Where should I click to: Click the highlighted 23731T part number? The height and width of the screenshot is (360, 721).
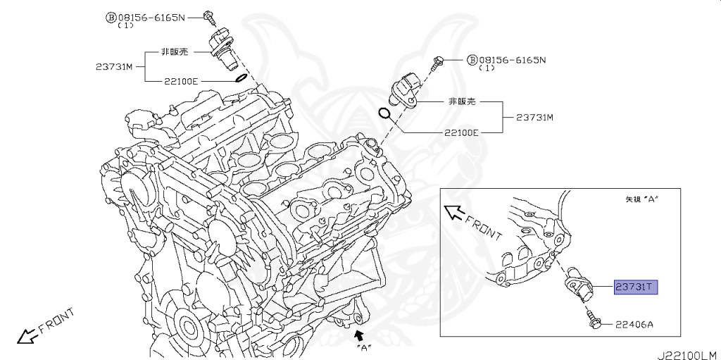636,287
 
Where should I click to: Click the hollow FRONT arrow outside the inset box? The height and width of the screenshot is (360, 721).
28,336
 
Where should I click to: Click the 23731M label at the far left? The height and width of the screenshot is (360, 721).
114,67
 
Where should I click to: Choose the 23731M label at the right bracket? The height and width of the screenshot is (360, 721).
534,116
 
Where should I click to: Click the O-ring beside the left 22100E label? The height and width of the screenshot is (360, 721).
239,78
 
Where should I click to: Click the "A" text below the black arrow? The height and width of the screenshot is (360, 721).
364,346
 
